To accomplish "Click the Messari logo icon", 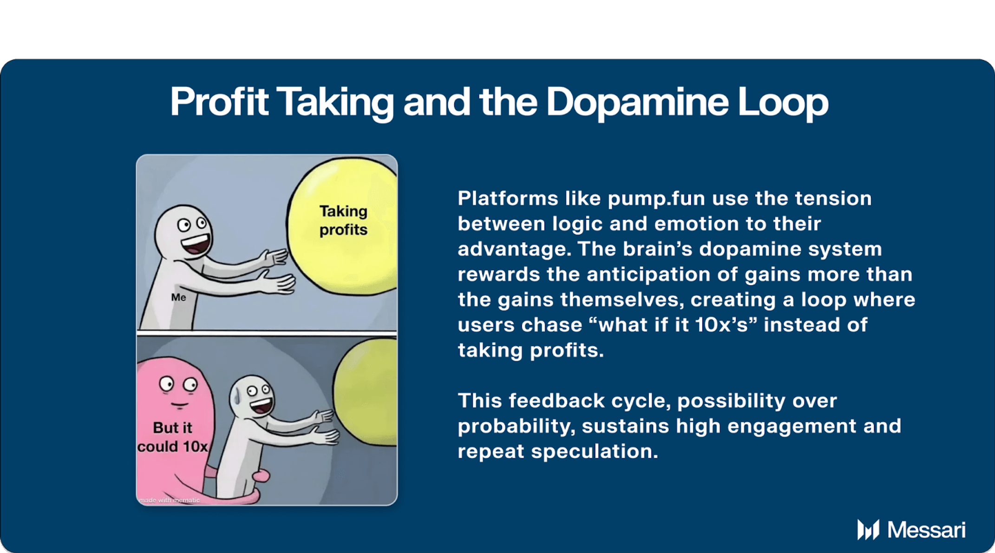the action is pos(868,529).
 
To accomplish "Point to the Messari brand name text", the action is pos(926,530).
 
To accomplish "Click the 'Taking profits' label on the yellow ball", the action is pos(343,220).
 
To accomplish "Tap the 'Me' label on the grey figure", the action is pos(178,297).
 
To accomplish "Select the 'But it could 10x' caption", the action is pos(172,437).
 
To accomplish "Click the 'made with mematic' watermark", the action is pos(170,500).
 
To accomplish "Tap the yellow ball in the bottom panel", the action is pos(366,393).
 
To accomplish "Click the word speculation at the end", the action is pos(595,452).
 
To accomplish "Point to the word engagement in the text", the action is pos(792,426).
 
